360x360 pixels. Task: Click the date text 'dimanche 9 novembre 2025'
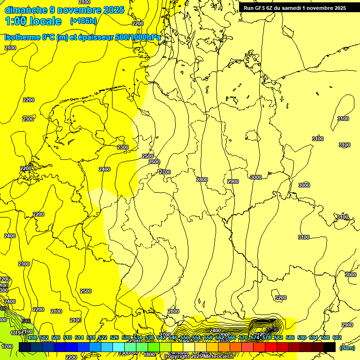click(64, 10)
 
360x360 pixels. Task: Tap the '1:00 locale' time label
click(33, 21)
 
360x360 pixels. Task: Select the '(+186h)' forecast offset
click(83, 21)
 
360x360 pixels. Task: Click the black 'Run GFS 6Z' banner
click(294, 7)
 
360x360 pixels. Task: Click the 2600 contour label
click(154, 162)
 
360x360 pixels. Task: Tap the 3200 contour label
click(280, 298)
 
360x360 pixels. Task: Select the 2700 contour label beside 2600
click(165, 172)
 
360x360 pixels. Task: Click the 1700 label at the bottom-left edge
click(7, 346)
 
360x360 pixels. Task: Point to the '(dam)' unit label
click(347, 347)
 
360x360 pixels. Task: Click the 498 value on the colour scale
click(32, 337)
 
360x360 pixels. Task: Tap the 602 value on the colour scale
click(337, 337)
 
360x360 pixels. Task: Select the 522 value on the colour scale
click(103, 337)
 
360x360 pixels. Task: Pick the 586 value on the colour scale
click(290, 337)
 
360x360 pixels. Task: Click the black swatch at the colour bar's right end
click(330, 347)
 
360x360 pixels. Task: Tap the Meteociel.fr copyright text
click(198, 357)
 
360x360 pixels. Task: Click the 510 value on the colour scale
click(67, 337)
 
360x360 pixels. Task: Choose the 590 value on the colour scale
click(301, 337)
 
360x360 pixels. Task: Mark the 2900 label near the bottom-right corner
click(347, 325)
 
